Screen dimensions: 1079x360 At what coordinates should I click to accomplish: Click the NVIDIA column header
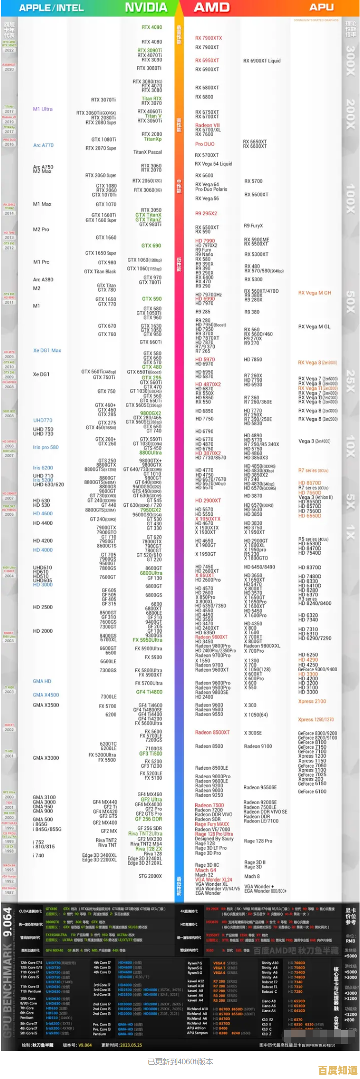pos(146,8)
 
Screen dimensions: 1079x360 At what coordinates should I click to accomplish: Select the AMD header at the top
pos(212,8)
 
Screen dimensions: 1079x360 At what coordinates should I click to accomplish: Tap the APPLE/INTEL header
pos(51,8)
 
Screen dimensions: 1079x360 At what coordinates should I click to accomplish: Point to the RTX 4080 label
pos(152,42)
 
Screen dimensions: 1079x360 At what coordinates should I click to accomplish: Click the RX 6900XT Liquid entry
pos(262,61)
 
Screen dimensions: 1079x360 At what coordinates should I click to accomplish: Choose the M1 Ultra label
pos(43,109)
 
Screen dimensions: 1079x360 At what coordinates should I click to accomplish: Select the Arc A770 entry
pos(43,145)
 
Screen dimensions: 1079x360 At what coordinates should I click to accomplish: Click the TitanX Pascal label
pos(147,153)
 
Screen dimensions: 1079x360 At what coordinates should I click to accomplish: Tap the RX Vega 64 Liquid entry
pos(214,164)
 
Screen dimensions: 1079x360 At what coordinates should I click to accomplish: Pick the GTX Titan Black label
pos(100,272)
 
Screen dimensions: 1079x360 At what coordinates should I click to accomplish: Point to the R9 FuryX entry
pos(253,226)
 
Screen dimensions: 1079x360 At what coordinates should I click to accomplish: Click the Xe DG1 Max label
pos(47,351)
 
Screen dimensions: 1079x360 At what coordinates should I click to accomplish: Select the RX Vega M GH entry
pos(315,293)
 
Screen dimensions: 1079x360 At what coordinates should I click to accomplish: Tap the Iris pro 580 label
pos(46,447)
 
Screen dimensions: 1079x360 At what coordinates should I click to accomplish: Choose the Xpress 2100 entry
pos(312,701)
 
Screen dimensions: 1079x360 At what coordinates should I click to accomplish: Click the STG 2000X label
pos(150,876)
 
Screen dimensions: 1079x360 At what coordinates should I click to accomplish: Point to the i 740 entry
pos(38,855)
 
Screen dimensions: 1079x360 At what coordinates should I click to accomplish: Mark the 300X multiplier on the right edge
pos(350,61)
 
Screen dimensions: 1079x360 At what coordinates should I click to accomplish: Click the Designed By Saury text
pos(214,839)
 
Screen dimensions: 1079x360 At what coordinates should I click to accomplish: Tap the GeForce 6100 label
pos(312,791)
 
